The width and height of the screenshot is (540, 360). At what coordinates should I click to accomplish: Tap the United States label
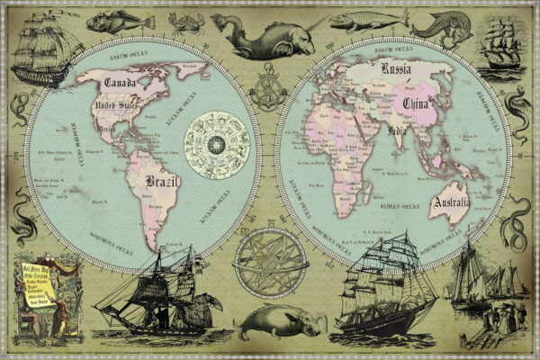[118, 111]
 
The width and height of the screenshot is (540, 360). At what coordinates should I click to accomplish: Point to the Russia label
[397, 68]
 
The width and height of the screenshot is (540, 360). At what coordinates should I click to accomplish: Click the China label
[417, 110]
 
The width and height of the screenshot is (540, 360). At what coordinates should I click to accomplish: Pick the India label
[396, 133]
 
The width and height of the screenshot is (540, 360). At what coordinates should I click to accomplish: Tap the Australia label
[450, 204]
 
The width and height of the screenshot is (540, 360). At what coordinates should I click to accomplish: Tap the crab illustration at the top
[186, 22]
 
